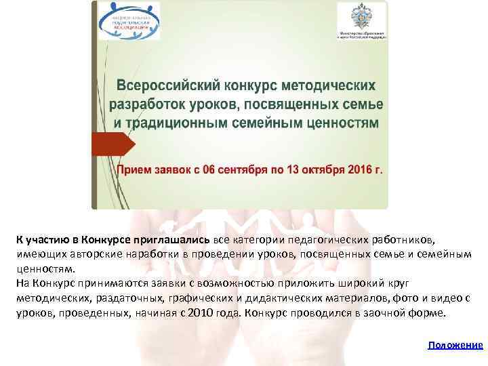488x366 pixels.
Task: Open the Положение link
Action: click(x=455, y=345)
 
